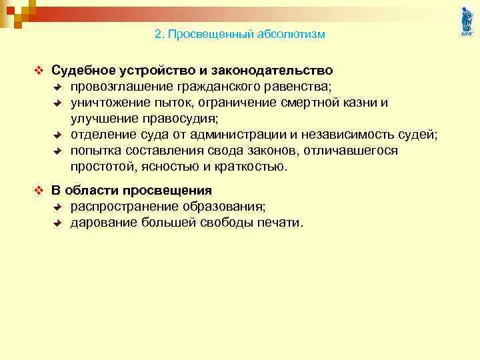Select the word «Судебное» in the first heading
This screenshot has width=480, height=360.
tap(85, 70)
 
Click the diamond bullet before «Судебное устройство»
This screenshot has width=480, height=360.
tap(38, 70)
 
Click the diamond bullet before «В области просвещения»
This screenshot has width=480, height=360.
tap(38, 191)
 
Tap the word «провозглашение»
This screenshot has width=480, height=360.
tap(123, 86)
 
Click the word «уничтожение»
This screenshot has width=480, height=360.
tap(110, 103)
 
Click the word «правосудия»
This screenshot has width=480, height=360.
tap(179, 119)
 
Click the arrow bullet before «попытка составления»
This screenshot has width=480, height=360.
tap(58, 151)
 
